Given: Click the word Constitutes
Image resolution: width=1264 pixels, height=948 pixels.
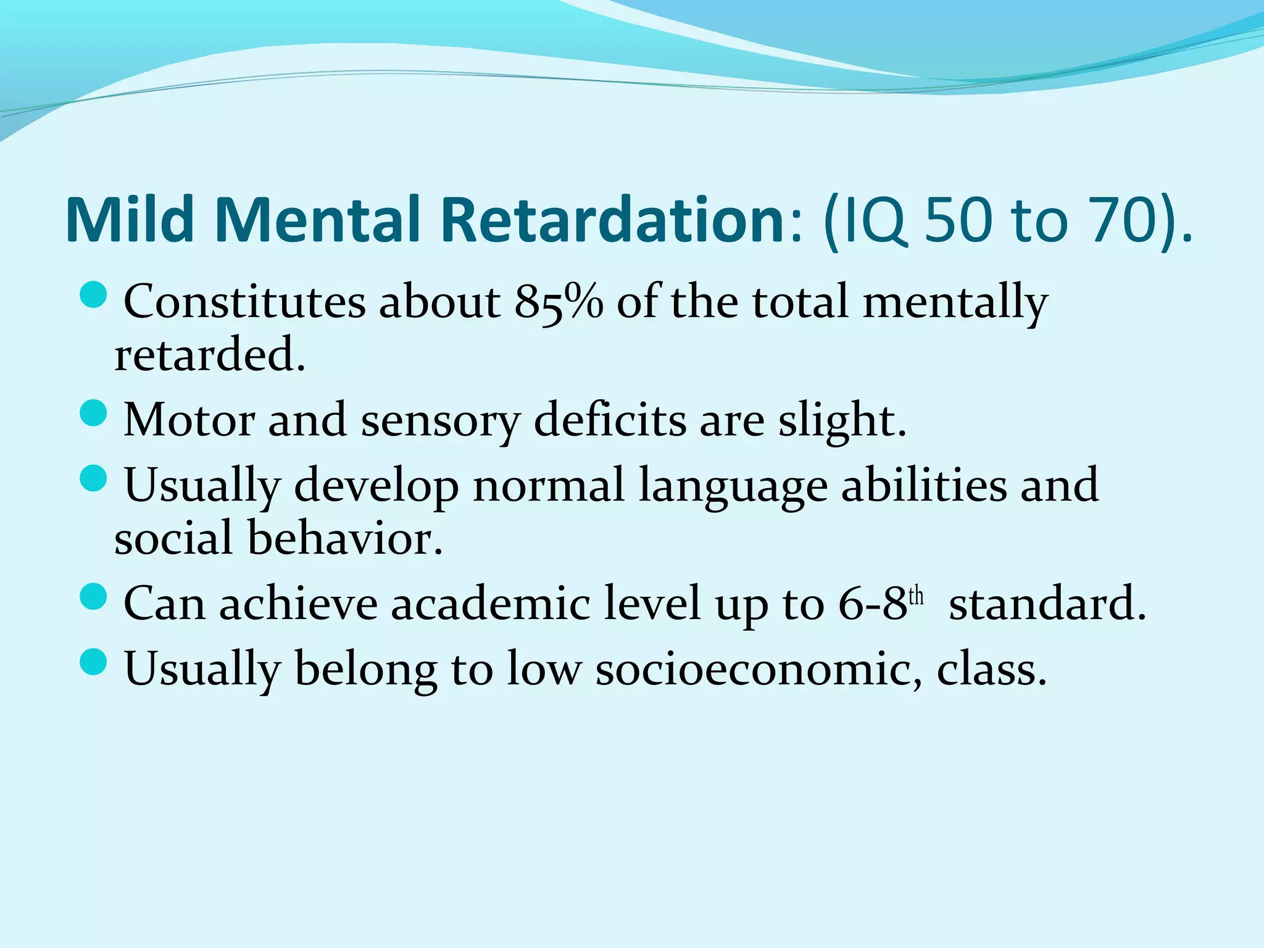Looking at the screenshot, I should (x=244, y=302).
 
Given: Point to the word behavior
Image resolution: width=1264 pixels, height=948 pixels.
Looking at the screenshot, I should (x=345, y=538).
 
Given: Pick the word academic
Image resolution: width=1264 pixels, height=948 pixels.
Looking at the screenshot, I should (x=490, y=603).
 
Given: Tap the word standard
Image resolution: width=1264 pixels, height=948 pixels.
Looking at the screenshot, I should (x=1047, y=603).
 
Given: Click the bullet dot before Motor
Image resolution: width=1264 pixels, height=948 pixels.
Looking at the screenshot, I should (x=94, y=412).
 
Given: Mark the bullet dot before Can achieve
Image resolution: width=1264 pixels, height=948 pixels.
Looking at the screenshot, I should (x=94, y=596).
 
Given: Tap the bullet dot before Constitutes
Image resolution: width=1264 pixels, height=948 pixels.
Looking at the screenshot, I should (x=94, y=294).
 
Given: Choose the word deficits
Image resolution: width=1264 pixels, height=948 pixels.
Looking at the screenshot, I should (x=609, y=420).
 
